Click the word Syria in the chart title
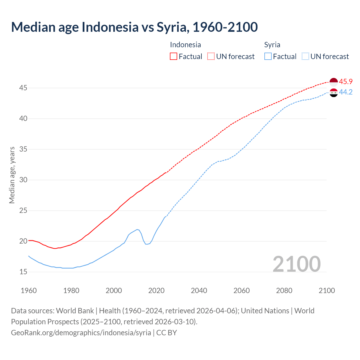click(x=172, y=27)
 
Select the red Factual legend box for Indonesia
click(x=174, y=56)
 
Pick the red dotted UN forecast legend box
click(x=211, y=56)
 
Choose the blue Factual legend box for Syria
click(x=268, y=56)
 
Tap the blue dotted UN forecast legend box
click(x=305, y=56)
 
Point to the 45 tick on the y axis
click(x=23, y=88)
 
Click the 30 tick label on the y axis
click(x=23, y=180)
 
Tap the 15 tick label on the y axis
click(x=23, y=272)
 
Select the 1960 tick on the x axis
click(x=29, y=291)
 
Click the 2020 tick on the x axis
click(x=156, y=291)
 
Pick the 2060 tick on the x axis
click(x=242, y=291)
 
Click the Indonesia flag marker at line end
click(x=334, y=82)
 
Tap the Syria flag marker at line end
click(x=334, y=93)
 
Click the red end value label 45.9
click(x=346, y=82)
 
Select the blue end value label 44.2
click(x=346, y=92)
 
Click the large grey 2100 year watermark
click(x=297, y=264)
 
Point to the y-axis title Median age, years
click(x=12, y=175)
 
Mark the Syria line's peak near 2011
click(x=137, y=229)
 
